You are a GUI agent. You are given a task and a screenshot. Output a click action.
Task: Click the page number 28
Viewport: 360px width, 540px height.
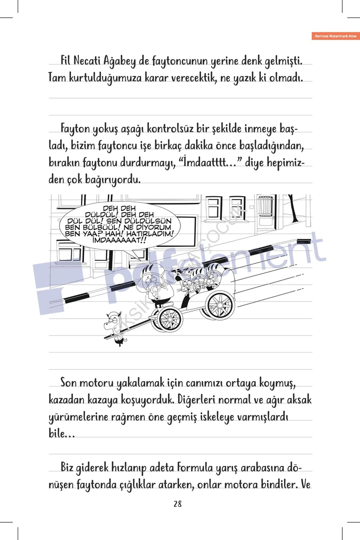(177, 504)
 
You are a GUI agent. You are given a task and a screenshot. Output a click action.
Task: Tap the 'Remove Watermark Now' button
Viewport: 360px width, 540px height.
(335, 36)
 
